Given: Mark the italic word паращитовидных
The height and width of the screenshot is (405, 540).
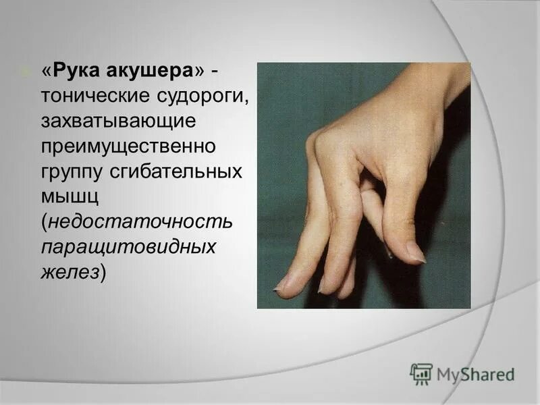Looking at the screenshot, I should click(129, 246).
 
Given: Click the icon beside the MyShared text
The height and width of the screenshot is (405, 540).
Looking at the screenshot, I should click(421, 374).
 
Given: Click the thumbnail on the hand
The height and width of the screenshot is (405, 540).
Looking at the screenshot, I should click(416, 253).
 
